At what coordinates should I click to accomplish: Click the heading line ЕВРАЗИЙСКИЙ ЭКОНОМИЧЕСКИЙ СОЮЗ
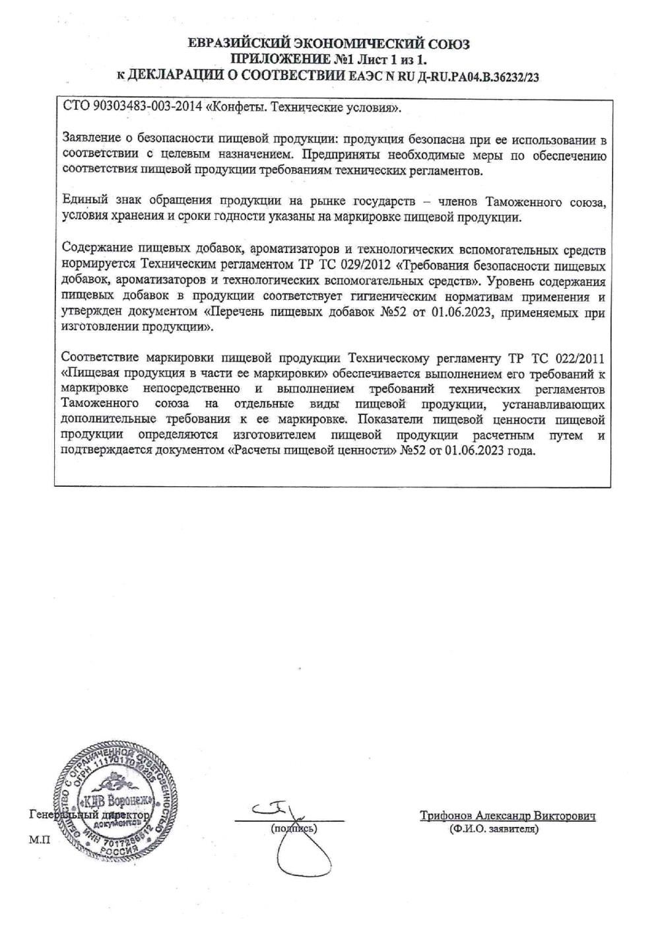pyautogui.click(x=329, y=44)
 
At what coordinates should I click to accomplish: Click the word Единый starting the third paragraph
pyautogui.click(x=82, y=200)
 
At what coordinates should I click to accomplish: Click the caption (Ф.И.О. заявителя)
pyautogui.click(x=493, y=828)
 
